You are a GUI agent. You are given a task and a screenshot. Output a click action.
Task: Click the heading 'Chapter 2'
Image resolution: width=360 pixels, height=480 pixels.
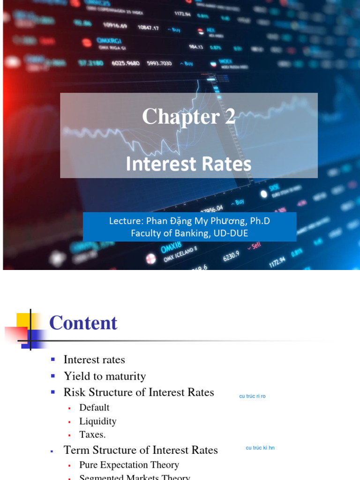click(188, 117)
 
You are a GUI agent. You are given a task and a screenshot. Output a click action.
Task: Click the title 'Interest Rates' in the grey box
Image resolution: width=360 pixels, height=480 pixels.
click(188, 164)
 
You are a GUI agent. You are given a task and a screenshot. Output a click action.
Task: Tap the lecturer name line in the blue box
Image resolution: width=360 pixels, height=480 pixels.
click(189, 221)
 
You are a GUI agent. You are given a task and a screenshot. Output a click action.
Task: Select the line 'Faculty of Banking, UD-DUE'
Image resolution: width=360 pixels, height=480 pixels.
click(189, 233)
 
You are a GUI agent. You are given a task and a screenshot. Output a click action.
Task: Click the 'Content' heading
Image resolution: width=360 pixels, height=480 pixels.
click(83, 323)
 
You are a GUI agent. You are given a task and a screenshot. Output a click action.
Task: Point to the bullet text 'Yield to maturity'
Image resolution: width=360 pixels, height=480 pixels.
click(105, 376)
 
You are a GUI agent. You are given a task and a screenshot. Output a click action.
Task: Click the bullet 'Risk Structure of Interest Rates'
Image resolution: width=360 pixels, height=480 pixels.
click(139, 392)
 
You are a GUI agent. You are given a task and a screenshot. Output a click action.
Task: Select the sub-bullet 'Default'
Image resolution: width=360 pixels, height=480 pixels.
click(94, 408)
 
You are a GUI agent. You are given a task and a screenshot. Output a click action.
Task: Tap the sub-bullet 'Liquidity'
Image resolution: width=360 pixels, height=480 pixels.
click(97, 421)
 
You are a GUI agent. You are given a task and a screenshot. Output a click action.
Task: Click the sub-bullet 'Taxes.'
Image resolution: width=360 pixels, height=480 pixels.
click(92, 435)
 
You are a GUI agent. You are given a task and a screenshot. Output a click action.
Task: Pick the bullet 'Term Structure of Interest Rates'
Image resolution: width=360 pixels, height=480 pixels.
click(141, 450)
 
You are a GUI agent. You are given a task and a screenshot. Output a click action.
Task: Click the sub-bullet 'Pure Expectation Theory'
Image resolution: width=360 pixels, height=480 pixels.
click(129, 465)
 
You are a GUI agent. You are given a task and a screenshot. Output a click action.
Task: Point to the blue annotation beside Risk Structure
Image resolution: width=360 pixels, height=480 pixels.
click(252, 396)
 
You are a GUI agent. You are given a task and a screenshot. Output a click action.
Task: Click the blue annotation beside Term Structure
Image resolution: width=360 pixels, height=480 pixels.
click(260, 448)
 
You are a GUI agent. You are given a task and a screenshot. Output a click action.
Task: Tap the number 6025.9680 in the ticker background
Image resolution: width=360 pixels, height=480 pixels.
click(126, 63)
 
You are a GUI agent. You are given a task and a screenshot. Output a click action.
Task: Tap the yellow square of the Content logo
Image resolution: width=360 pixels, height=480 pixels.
click(23, 320)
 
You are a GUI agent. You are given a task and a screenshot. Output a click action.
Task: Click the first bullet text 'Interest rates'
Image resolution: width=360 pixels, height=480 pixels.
click(94, 360)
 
